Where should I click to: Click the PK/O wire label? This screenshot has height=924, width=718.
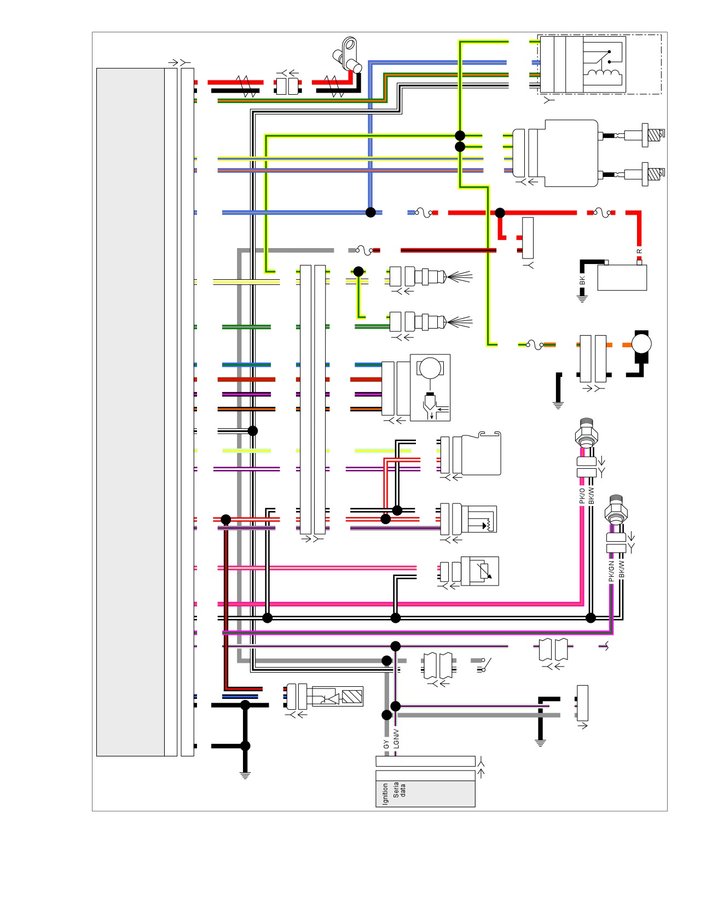pyautogui.click(x=582, y=496)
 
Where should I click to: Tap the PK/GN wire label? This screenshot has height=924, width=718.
pyautogui.click(x=611, y=571)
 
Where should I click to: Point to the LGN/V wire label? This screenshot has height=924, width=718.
pyautogui.click(x=396, y=739)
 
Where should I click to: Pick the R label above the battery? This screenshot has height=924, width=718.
pyautogui.click(x=639, y=251)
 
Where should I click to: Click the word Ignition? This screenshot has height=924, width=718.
pyautogui.click(x=385, y=794)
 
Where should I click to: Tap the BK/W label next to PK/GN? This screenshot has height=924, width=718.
pyautogui.click(x=622, y=570)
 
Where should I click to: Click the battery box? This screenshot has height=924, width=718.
pyautogui.click(x=622, y=277)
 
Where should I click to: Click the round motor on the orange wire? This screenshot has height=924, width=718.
pyautogui.click(x=641, y=345)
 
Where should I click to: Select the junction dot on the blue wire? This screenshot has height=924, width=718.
pyautogui.click(x=370, y=213)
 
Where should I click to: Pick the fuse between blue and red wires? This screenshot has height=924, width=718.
pyautogui.click(x=424, y=213)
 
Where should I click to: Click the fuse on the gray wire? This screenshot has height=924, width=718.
pyautogui.click(x=364, y=251)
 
